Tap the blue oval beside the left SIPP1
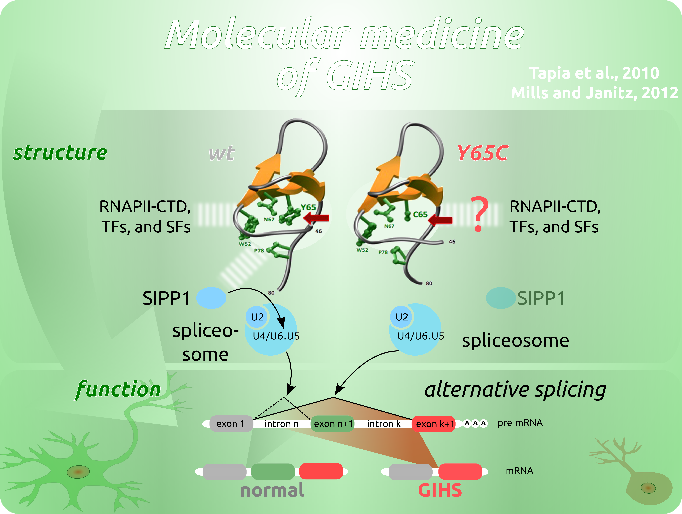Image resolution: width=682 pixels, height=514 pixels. point(211,298)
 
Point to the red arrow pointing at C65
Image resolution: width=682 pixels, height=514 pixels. point(440,220)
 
